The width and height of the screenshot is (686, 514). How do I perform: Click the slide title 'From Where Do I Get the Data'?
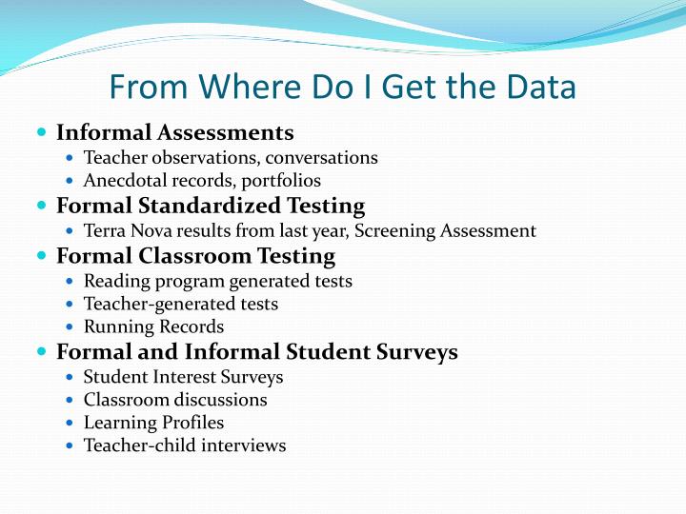point(342,88)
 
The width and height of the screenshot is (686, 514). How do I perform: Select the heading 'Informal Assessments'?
point(174,132)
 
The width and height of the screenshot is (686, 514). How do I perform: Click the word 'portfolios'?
point(282,181)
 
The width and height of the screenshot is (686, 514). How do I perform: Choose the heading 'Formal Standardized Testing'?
point(211,206)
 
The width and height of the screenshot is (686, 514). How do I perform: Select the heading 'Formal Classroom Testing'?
point(195,256)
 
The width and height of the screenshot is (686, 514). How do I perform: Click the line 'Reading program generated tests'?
point(217,282)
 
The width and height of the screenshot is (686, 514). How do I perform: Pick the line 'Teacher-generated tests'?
point(181,305)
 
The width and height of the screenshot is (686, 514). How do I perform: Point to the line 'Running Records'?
point(153,327)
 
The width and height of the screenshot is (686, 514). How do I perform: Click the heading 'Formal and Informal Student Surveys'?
point(257,352)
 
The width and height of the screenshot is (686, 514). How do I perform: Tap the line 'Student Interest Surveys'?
point(183,378)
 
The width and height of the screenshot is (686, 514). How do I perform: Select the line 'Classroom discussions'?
point(175,401)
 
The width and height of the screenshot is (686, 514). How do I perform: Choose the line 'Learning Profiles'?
point(153,423)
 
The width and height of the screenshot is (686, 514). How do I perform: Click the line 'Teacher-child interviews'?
point(185,445)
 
